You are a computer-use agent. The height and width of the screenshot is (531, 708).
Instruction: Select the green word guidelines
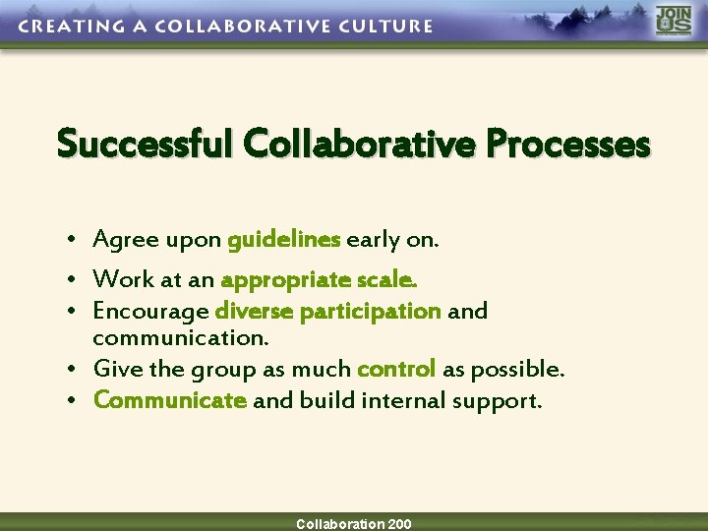click(283, 240)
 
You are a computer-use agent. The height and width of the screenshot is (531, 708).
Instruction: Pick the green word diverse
click(254, 312)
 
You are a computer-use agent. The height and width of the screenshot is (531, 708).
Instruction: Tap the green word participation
click(370, 312)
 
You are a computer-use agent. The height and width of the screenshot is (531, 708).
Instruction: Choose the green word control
click(396, 370)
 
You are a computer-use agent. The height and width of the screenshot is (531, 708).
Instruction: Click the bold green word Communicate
click(169, 400)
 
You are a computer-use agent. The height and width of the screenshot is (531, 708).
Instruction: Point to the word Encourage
click(150, 312)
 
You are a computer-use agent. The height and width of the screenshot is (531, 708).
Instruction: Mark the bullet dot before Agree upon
click(74, 241)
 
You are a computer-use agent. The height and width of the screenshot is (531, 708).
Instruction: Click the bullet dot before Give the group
click(74, 371)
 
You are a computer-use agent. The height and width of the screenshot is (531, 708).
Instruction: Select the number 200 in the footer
click(399, 524)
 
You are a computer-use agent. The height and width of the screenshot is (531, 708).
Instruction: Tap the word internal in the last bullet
click(399, 400)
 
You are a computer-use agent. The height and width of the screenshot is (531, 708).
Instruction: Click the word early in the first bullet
click(373, 240)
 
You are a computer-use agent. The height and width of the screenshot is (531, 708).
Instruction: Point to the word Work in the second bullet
click(123, 280)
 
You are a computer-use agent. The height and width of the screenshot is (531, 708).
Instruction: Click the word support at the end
click(501, 401)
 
